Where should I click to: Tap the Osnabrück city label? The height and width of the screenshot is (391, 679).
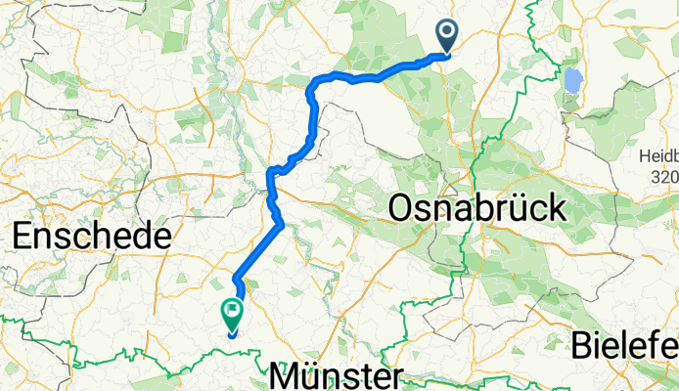pyautogui.click(x=477, y=207)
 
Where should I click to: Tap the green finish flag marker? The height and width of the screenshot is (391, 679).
pyautogui.click(x=233, y=314)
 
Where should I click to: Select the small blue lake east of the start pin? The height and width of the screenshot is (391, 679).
pyautogui.click(x=571, y=80)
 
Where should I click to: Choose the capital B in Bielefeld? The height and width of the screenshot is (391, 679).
pyautogui.click(x=584, y=345)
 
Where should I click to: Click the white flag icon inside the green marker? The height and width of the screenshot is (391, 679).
pyautogui.click(x=233, y=312)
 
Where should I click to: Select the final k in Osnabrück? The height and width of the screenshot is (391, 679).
pyautogui.click(x=558, y=207)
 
